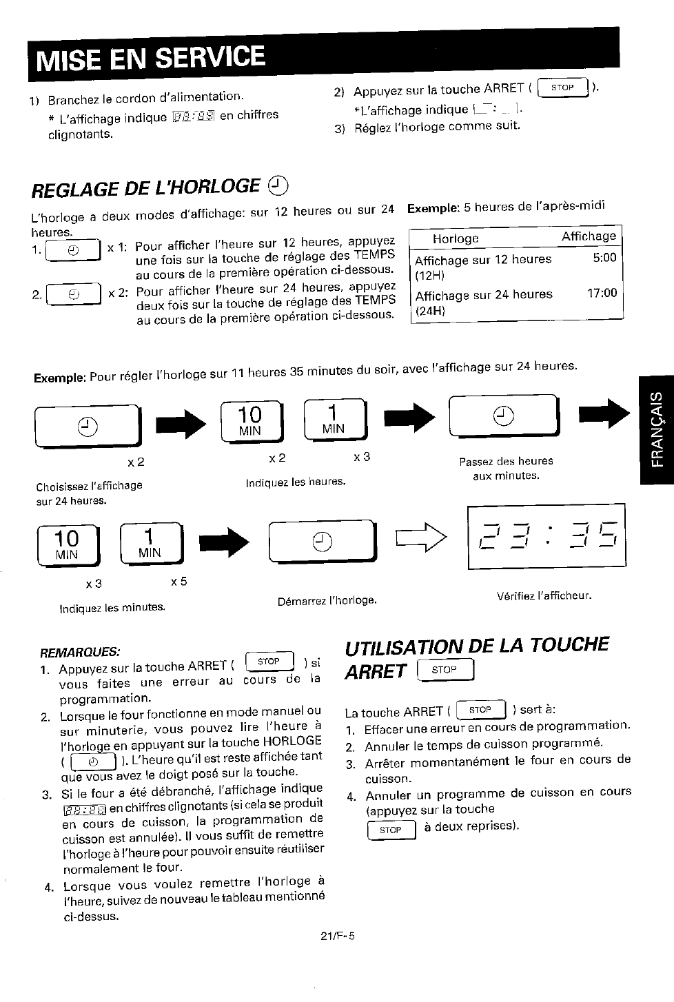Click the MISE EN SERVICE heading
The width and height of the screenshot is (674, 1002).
point(151,59)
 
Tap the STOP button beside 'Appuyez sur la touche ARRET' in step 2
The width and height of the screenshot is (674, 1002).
point(562,88)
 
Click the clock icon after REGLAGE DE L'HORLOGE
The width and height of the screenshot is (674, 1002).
point(278,185)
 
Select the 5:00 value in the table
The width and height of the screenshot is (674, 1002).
point(604,258)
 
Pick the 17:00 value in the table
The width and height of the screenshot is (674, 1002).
point(602,293)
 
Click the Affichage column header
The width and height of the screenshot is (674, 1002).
point(589,236)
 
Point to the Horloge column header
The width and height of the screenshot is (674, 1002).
point(456,239)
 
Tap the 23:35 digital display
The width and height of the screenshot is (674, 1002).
point(547,537)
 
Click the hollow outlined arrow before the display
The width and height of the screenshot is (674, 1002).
point(421,538)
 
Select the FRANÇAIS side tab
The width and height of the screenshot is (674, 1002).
point(657,429)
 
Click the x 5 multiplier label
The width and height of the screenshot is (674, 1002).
point(179,582)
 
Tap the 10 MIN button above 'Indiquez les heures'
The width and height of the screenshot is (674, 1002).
point(252,421)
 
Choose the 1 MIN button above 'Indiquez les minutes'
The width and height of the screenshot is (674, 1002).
point(152,544)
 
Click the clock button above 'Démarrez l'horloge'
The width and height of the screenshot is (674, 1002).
point(323,541)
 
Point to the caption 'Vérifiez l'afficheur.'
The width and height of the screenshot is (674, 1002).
point(544,596)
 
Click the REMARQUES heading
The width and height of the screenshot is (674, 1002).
point(80,652)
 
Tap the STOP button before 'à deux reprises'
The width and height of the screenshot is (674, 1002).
point(391,830)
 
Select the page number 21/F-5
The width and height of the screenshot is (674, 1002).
point(338,936)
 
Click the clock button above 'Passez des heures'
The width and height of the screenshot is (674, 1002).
point(504,416)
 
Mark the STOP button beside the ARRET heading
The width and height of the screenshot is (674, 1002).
point(445,670)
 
